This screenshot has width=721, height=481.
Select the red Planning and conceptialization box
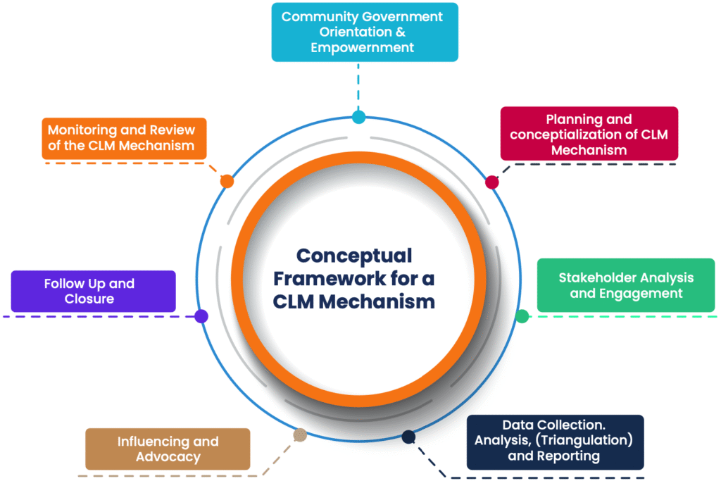589,134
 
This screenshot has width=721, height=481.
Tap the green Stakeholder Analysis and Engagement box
626,285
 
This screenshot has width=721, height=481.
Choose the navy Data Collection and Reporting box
555,442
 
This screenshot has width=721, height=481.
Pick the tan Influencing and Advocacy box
168,449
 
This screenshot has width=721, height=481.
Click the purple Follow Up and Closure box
93,291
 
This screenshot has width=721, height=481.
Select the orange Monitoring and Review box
124,138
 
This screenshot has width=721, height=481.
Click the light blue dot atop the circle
358,117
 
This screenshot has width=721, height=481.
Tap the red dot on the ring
492,182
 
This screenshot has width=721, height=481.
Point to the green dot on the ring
522,316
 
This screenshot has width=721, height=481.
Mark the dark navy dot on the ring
408,437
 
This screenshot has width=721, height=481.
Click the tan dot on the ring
300,435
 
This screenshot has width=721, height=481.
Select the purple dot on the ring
201,316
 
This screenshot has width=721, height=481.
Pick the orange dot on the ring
227,182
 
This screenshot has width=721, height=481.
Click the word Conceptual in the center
354,255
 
